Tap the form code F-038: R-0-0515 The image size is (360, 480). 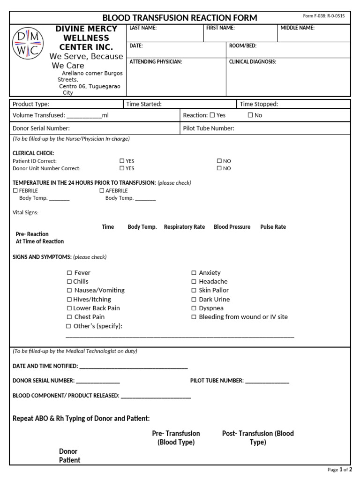coord(323,16)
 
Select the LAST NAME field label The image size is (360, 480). coord(143,28)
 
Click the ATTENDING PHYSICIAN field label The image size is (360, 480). coord(156,61)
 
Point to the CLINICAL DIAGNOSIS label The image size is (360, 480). coord(252,61)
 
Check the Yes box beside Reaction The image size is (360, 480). coord(212,115)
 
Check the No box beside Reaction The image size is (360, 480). coord(250,115)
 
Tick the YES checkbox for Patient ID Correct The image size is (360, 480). coord(122,161)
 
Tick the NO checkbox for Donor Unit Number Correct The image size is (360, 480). coord(219,168)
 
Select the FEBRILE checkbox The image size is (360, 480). coord(15,191)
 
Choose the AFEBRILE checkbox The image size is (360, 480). coord(102,191)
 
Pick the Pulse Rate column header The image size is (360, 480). coord(273,227)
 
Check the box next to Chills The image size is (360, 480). coord(69,282)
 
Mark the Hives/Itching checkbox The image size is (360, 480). coord(69,300)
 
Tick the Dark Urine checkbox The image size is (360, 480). coord(194,300)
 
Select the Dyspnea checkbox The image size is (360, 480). coord(194,308)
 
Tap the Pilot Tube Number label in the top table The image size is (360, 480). coord(209,128)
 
